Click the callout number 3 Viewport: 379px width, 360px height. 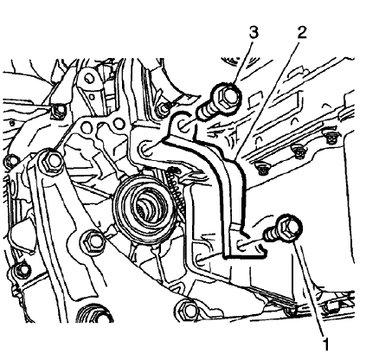[254, 33]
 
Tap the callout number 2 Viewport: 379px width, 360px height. [301, 33]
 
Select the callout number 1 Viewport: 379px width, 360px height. [326, 344]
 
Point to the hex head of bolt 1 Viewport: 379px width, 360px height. [289, 227]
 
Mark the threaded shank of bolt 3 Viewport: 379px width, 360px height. [205, 112]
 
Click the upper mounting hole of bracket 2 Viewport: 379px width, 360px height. [183, 125]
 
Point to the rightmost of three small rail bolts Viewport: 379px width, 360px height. [331, 138]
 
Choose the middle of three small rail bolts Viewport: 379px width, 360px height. [298, 152]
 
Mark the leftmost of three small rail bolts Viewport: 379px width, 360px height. [262, 169]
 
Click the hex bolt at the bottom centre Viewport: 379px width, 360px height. [188, 310]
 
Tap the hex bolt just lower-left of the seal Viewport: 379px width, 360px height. [93, 242]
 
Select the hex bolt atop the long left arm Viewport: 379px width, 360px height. [53, 162]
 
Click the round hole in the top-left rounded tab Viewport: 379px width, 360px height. [90, 77]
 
